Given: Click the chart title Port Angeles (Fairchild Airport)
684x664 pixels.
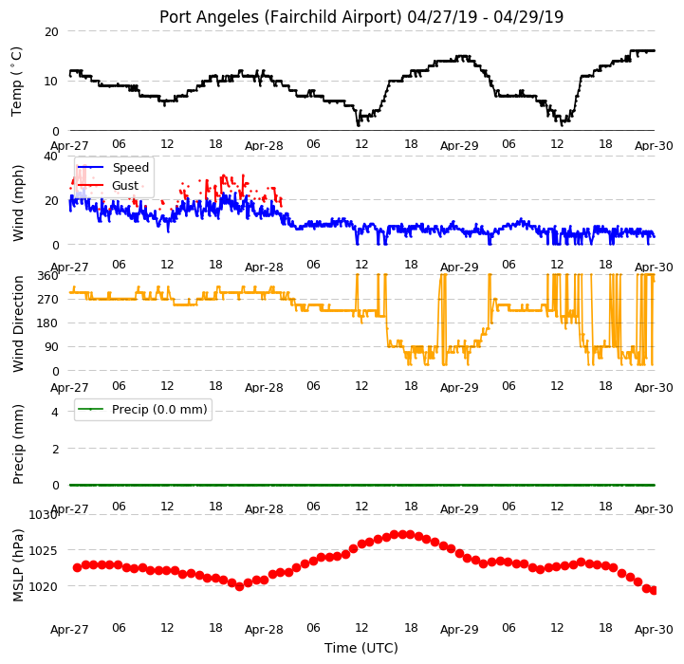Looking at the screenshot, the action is coord(280,17).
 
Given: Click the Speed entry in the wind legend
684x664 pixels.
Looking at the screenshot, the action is coord(130,168).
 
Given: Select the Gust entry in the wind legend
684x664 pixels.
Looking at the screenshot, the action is coord(125,185).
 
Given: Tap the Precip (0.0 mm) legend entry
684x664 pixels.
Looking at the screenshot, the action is coord(159,409).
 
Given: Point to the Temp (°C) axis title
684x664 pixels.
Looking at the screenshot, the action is coord(16,82).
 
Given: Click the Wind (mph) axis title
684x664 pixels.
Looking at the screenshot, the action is coord(18,203).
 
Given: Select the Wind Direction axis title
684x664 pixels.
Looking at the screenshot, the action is coord(18,323).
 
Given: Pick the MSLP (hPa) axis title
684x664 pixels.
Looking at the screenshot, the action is coord(18,565).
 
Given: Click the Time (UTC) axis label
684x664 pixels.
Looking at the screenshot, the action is coord(361,648).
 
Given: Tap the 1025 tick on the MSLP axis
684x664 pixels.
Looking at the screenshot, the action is coord(43,550).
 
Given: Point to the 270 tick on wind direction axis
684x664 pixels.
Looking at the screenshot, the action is coord(48,300).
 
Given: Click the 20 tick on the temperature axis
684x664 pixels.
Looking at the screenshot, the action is coord(51,32).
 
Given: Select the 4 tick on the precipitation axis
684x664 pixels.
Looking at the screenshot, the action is coord(54,412).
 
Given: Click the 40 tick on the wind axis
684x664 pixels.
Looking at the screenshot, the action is coord(51,157).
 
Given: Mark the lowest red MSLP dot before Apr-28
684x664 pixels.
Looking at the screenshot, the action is coord(239,587).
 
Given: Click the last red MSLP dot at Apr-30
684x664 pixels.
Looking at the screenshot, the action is coord(653,590).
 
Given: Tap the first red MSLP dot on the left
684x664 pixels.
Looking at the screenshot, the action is coord(77,567).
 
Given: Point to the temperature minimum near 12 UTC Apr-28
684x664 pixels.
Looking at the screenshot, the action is coord(359,125).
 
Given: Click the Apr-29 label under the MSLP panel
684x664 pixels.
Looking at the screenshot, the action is coord(459,630).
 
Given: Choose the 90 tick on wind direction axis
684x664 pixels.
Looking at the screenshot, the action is coord(51,347).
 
